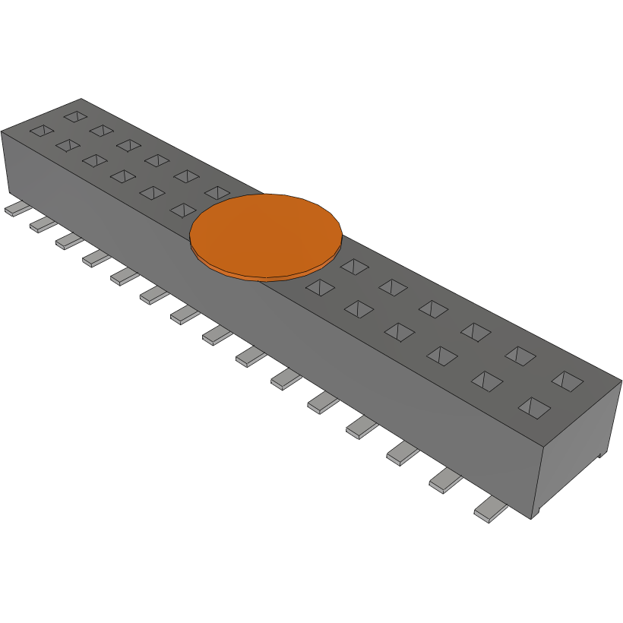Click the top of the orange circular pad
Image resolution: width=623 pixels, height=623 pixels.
click(266, 232)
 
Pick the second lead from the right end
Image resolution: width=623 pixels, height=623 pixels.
click(446, 480)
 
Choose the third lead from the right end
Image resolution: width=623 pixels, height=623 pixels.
click(402, 454)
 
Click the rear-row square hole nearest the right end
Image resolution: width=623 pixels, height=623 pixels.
click(567, 380)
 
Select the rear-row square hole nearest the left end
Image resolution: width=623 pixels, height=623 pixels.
click(76, 116)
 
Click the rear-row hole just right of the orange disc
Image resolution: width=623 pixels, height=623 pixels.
click(354, 266)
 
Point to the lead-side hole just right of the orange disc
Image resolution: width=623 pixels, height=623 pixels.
click(321, 287)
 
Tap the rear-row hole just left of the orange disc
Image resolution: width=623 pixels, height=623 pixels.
click(217, 192)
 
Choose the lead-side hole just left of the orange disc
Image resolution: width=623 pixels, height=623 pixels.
click(184, 209)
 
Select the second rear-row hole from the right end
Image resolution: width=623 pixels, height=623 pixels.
click(520, 355)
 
